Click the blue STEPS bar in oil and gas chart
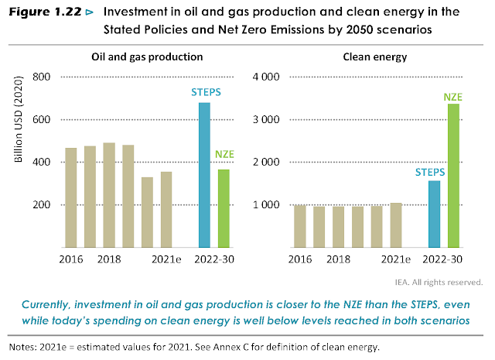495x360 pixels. coord(204,175)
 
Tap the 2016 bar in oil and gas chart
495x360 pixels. coord(71,197)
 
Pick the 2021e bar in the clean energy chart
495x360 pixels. coord(397,225)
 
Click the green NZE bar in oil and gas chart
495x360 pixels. coord(223,208)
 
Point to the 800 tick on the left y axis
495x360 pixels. coord(40,77)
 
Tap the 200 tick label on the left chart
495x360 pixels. coord(40,205)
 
